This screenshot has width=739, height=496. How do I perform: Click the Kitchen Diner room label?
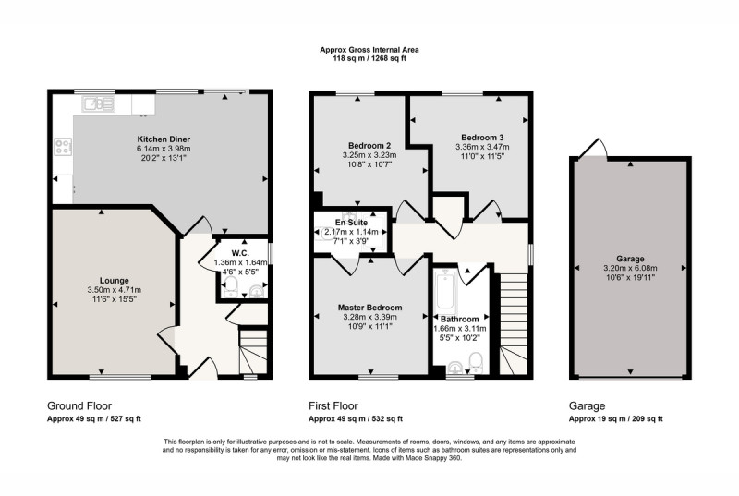164,139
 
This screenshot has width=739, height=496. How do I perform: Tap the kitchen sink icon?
99,103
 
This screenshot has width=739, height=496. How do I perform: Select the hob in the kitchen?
63,146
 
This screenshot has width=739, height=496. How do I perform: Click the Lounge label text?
114,281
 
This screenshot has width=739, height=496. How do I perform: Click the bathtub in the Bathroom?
445,292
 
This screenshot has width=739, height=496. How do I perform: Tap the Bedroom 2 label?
369,146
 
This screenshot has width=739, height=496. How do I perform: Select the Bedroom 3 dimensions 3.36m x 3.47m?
482,147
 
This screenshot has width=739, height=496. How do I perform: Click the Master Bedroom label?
370,308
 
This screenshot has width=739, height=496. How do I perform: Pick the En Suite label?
352,223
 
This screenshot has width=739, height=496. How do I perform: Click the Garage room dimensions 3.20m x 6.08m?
630,268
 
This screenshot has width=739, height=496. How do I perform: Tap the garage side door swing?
593,148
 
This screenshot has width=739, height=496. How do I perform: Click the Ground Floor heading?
79,406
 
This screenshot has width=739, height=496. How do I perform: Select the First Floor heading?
333,406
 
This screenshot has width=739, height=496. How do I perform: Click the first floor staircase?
513,324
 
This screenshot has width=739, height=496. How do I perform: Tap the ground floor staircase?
253,352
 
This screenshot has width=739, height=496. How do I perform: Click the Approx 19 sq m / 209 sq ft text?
615,418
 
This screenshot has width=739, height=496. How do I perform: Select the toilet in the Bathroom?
476,362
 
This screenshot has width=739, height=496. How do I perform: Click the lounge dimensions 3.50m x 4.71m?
114,290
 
